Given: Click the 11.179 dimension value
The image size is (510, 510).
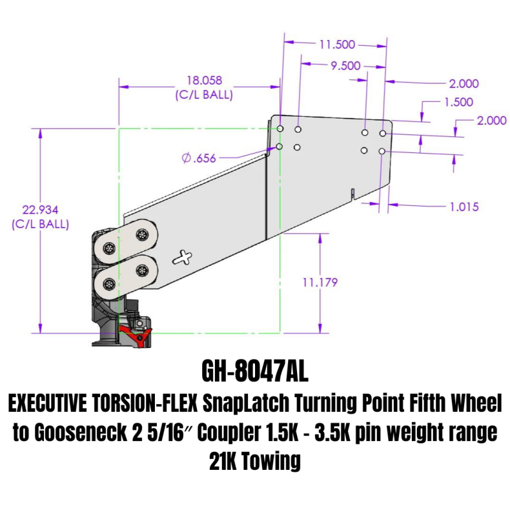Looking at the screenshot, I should pyautogui.click(x=319, y=282).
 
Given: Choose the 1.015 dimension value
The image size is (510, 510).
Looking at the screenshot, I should pyautogui.click(x=463, y=207).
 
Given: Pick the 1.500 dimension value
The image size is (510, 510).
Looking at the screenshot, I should pyautogui.click(x=458, y=101).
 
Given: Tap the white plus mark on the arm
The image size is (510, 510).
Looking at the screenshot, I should pyautogui.click(x=186, y=258).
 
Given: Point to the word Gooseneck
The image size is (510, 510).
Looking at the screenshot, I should pyautogui.click(x=82, y=433).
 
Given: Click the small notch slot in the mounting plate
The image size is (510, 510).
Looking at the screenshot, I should pyautogui.click(x=352, y=193).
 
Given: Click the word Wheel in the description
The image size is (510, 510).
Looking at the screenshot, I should pyautogui.click(x=479, y=405).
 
